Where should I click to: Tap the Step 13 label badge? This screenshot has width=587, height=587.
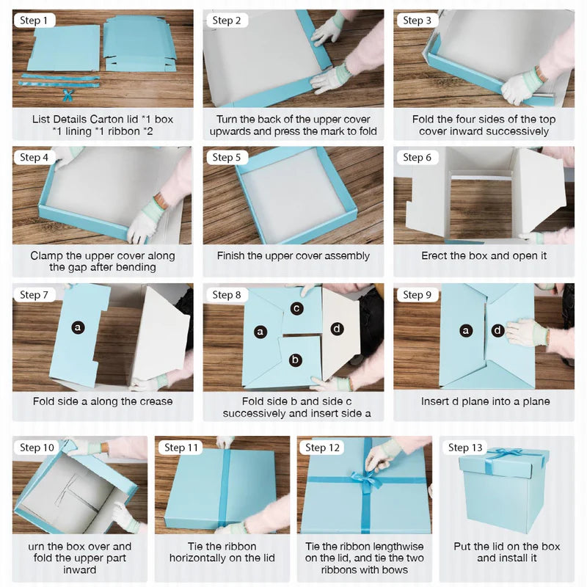click(464, 447)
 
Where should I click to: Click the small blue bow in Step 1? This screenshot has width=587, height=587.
click(68, 95)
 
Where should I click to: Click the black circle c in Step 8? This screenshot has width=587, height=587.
click(296, 308)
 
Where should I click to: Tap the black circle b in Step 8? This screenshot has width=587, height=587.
click(294, 360)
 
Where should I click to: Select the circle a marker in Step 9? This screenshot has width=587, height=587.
click(465, 331)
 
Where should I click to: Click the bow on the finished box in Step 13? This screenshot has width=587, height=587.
click(503, 453)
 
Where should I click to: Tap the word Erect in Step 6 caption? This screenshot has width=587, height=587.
click(435, 256)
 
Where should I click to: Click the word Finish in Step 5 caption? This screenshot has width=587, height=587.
click(233, 256)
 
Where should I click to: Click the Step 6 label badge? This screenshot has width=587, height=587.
click(418, 157)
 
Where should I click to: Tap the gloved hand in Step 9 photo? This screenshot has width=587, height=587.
click(526, 332)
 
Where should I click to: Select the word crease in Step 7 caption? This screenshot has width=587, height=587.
click(156, 401)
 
